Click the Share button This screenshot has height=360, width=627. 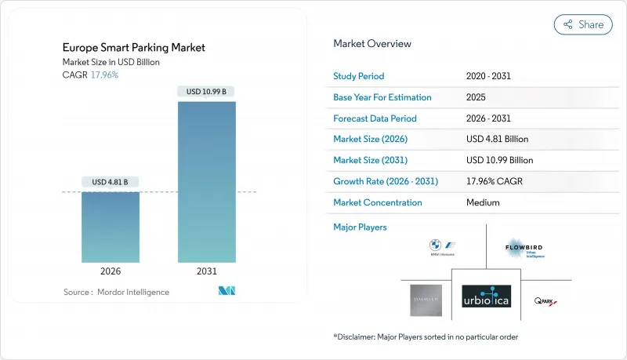coord(583,24)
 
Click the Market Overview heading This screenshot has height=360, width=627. coord(372,44)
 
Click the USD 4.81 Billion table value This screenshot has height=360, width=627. coord(497,139)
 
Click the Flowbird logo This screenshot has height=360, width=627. coord(524,249)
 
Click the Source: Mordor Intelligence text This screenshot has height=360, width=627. coord(116,292)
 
